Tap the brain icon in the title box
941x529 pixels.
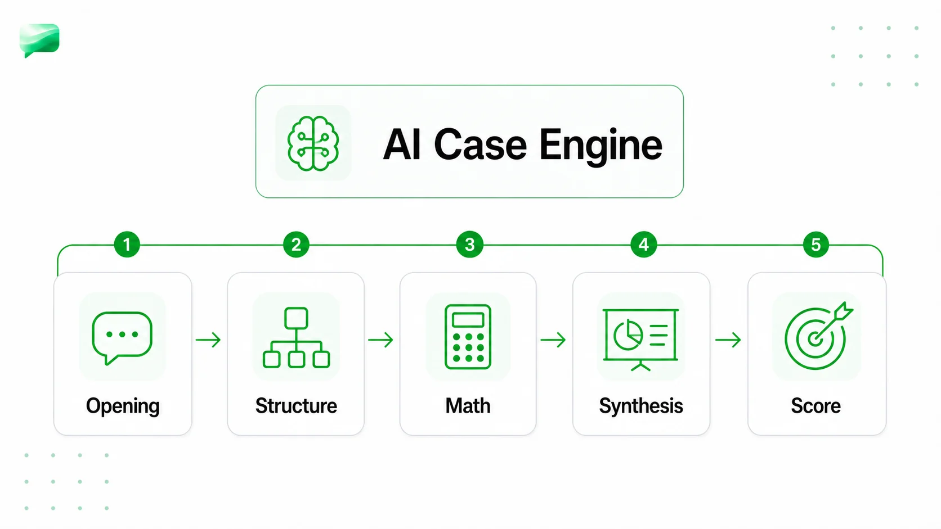(x=313, y=143)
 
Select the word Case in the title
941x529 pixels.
(x=480, y=144)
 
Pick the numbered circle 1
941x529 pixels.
(x=127, y=244)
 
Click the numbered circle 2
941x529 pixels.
(x=296, y=244)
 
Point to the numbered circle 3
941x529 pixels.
(x=470, y=244)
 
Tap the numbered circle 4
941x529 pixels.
(x=644, y=244)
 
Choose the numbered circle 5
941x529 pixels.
(x=816, y=244)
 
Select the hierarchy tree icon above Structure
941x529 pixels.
(x=296, y=338)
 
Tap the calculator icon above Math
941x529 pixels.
(x=468, y=337)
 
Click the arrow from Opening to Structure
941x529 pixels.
(x=208, y=340)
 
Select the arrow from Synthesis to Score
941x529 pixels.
(x=728, y=340)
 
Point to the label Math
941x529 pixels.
(x=468, y=406)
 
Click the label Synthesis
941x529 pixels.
(x=641, y=406)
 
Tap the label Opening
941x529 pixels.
(x=123, y=406)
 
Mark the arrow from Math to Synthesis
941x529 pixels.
(x=553, y=340)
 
